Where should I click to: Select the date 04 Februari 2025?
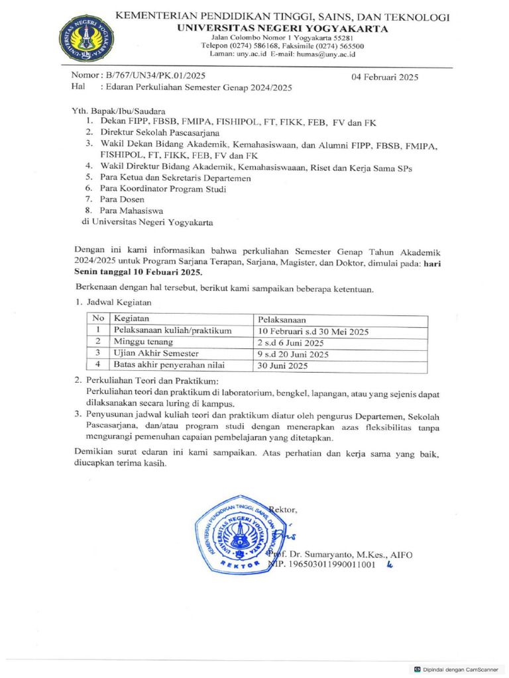385,77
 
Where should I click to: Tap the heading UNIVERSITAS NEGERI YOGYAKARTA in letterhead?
282,28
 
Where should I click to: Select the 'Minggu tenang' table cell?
143,342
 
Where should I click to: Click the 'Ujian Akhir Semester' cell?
156,354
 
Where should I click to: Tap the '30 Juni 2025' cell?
282,365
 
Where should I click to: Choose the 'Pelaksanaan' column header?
282,319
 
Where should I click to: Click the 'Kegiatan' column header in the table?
132,319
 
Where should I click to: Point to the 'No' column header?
98,319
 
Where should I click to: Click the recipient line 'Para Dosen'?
122,199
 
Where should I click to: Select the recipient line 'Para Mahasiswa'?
131,211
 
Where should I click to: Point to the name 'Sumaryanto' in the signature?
339,554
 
